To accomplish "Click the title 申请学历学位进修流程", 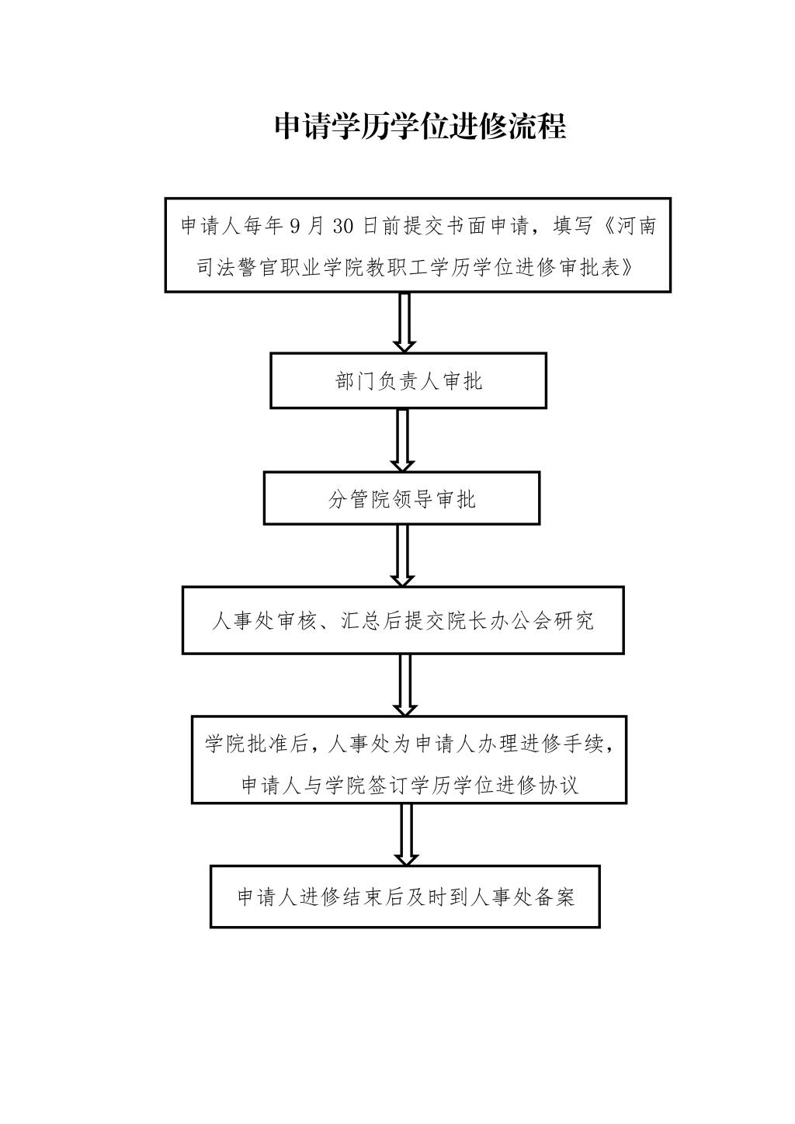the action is point(420,127).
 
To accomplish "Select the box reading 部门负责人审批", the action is point(408,381).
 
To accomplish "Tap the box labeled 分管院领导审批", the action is point(401,498).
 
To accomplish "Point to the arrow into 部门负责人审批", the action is point(404,323).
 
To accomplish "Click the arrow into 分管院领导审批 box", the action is point(402,440).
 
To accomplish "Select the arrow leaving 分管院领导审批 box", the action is point(402,556).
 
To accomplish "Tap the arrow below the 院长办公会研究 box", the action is point(404,685).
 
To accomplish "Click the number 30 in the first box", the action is point(343,227).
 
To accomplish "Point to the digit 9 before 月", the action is point(294,227).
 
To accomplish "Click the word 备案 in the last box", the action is point(554,897).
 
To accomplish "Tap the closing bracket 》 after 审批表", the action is point(627,269).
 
